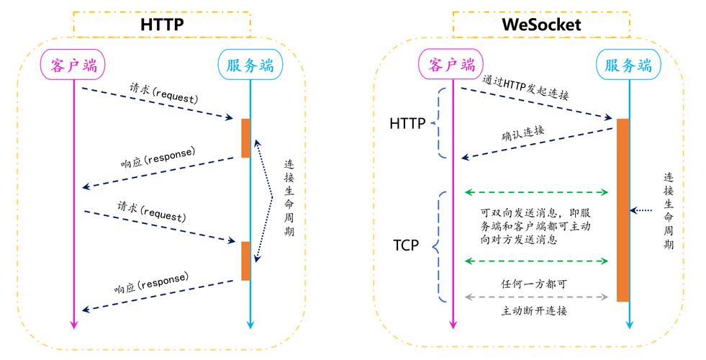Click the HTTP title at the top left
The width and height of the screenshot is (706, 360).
(x=162, y=24)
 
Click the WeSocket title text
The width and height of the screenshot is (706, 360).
(x=541, y=24)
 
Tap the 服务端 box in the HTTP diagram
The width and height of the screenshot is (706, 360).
(x=250, y=66)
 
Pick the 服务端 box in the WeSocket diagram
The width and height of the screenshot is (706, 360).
(x=628, y=66)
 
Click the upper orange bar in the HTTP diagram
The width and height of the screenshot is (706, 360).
(x=245, y=138)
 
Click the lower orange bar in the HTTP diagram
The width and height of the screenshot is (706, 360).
(x=245, y=261)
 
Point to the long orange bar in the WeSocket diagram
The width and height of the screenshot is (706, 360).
(x=623, y=210)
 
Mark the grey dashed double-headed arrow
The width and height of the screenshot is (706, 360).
(x=537, y=296)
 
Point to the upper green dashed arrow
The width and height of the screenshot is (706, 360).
(x=537, y=192)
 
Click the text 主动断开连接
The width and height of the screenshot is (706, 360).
(x=534, y=311)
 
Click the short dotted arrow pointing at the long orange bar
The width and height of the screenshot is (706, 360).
(x=643, y=210)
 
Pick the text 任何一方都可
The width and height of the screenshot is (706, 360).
(x=533, y=283)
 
